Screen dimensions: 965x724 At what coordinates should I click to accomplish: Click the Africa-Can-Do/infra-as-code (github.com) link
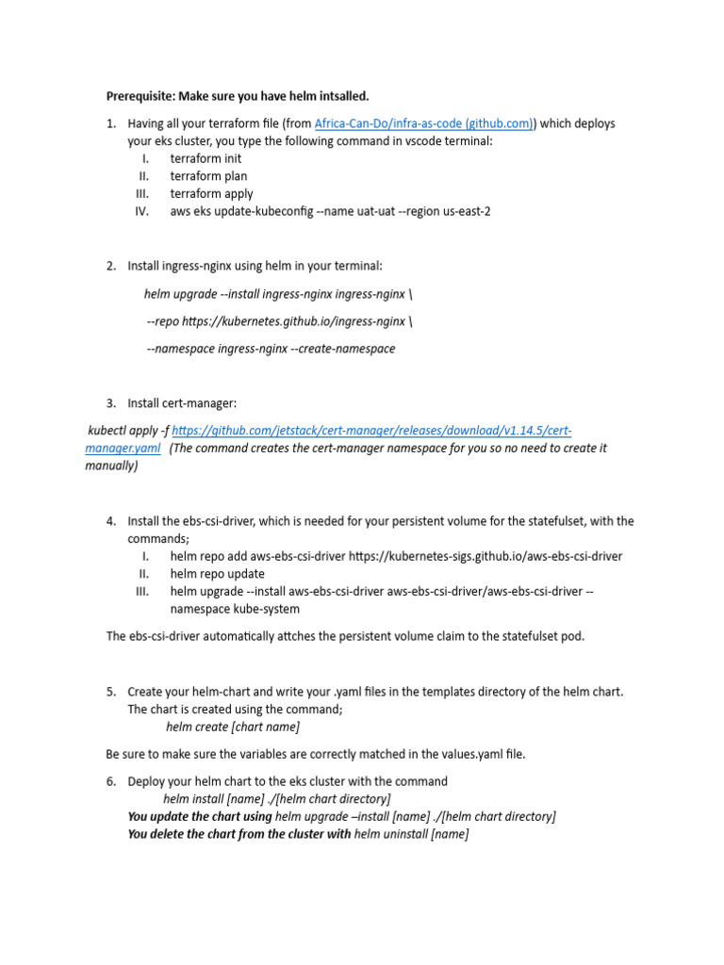[x=424, y=123]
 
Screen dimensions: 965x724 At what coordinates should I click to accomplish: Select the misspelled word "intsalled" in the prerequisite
[x=338, y=96]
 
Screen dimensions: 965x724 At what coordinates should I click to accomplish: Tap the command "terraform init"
[x=206, y=158]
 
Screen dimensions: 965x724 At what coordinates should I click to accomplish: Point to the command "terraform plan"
[x=208, y=176]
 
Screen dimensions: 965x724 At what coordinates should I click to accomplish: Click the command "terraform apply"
[x=211, y=194]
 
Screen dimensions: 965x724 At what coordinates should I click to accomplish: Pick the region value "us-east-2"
[x=463, y=211]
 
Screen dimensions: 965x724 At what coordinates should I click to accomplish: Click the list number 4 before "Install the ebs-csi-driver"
[x=111, y=521]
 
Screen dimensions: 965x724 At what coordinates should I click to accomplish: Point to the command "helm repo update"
[x=217, y=574]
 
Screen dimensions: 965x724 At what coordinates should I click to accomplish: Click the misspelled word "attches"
[x=307, y=636]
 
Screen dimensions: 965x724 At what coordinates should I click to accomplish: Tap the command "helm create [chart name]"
[x=233, y=727]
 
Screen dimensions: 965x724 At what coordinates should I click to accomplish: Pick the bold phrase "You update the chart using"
[x=200, y=816]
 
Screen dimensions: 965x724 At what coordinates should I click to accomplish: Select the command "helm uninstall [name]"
[x=411, y=834]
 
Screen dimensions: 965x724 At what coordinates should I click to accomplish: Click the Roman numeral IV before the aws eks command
[x=142, y=211]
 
